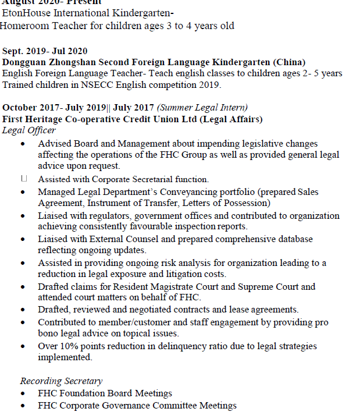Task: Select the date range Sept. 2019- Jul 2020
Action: (45, 51)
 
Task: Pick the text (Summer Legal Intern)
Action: (202, 108)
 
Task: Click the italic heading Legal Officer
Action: (28, 130)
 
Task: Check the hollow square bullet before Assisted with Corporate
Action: (24, 179)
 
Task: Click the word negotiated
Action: (164, 310)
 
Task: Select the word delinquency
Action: (173, 346)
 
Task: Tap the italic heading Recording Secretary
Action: (61, 381)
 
